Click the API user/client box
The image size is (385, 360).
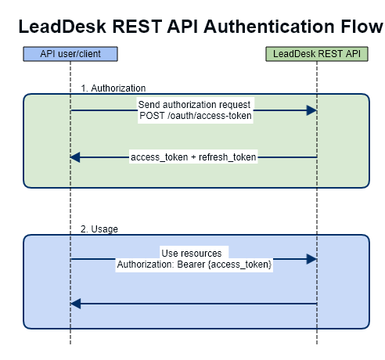[70, 54]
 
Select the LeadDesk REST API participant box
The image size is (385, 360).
[317, 54]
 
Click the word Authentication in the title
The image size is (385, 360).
[268, 27]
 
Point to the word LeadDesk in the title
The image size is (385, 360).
[62, 27]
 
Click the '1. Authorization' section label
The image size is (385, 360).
[113, 88]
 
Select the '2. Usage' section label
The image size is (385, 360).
[99, 229]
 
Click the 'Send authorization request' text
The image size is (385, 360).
[194, 105]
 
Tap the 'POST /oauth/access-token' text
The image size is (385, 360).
[196, 116]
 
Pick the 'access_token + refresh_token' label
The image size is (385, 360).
[193, 157]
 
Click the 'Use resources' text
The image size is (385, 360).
[192, 254]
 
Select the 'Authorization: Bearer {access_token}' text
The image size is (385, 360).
[194, 265]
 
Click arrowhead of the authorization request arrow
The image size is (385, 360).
[311, 110]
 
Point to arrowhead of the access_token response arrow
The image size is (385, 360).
[75, 157]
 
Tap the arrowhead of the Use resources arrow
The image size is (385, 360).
[311, 259]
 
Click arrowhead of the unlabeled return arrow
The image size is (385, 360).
[76, 304]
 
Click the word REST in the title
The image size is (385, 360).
[137, 27]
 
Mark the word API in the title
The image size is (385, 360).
[182, 27]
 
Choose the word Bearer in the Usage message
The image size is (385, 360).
[191, 265]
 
